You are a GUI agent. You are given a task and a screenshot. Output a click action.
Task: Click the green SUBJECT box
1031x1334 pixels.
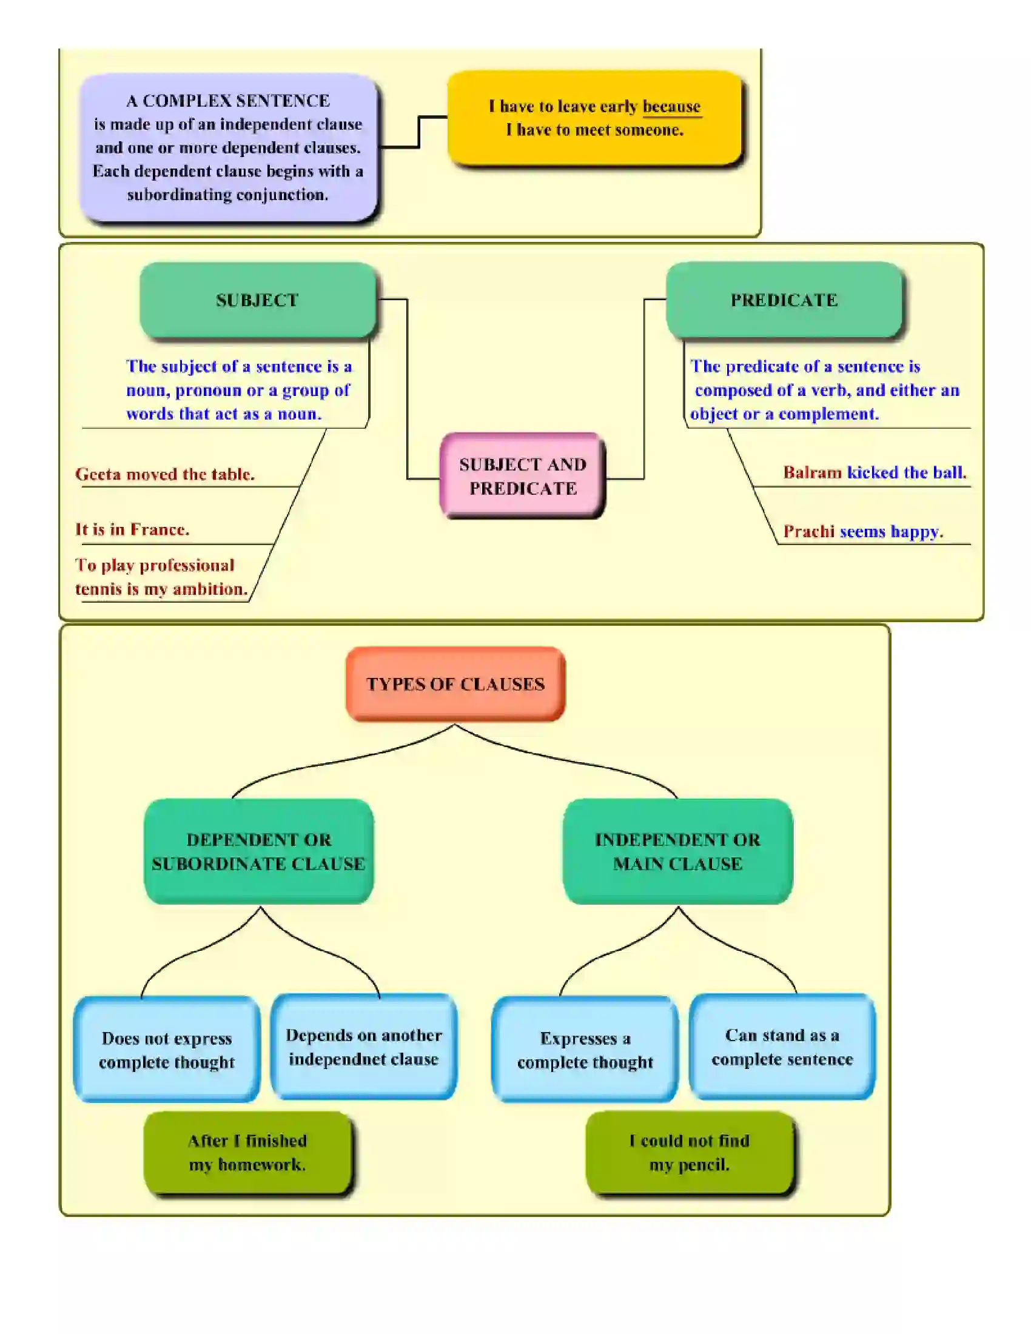pos(257,300)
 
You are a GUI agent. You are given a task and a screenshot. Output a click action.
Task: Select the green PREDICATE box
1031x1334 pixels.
pos(784,300)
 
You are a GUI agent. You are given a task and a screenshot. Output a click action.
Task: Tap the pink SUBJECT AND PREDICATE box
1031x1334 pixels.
pos(522,476)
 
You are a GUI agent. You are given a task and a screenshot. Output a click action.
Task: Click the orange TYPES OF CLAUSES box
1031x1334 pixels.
pos(455,684)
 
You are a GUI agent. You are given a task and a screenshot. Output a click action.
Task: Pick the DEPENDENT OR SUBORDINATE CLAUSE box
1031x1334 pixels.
pos(258,851)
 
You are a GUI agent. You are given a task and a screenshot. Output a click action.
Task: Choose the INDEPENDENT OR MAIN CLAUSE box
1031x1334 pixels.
pos(677,851)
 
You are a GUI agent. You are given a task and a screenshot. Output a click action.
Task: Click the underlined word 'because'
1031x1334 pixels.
pos(671,106)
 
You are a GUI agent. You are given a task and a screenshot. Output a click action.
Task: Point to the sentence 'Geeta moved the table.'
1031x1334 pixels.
pos(165,474)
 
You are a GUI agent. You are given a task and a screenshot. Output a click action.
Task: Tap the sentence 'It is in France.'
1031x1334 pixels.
pos(132,529)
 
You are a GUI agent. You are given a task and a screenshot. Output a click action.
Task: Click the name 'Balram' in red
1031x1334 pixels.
pos(811,472)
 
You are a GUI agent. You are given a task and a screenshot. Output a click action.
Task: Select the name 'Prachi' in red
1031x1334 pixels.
pos(808,531)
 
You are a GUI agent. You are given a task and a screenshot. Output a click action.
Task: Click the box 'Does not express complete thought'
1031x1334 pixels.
pos(166,1050)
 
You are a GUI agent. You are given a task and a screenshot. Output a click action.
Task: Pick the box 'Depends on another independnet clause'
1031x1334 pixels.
pos(363,1047)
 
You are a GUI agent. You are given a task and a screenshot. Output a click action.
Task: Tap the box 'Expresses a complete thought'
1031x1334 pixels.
pos(585,1050)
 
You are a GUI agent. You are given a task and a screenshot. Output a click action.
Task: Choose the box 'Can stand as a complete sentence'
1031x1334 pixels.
pos(782,1047)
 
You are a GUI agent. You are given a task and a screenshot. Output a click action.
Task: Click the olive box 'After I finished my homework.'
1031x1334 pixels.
pos(247,1153)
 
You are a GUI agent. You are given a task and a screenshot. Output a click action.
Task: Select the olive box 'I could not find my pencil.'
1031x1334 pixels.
pos(689,1153)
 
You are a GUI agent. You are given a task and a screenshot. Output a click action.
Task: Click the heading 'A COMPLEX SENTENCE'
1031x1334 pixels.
pos(228,100)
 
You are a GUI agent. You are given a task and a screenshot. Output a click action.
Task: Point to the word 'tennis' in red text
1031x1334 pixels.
pos(97,589)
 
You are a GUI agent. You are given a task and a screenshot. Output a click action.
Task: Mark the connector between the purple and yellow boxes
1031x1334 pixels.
pos(419,132)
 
